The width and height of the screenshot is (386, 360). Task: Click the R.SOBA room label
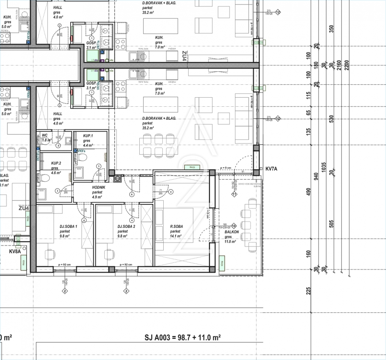tap(176, 226)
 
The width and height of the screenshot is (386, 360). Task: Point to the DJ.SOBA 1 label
tap(68, 226)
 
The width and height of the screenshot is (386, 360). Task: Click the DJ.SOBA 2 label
tap(126, 226)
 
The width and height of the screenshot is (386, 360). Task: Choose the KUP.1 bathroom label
tap(88, 136)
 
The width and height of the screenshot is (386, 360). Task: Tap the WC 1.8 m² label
tap(45, 136)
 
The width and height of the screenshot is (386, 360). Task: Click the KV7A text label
tap(271, 169)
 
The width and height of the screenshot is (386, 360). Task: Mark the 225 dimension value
tap(308, 291)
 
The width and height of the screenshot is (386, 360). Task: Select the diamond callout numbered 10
tap(234, 225)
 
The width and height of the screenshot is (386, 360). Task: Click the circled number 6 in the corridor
tap(132, 194)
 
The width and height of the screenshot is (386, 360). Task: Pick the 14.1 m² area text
tap(176, 236)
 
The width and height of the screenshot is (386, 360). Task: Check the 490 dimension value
tap(308, 192)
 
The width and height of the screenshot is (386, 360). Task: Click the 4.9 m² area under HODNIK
tap(97, 197)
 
